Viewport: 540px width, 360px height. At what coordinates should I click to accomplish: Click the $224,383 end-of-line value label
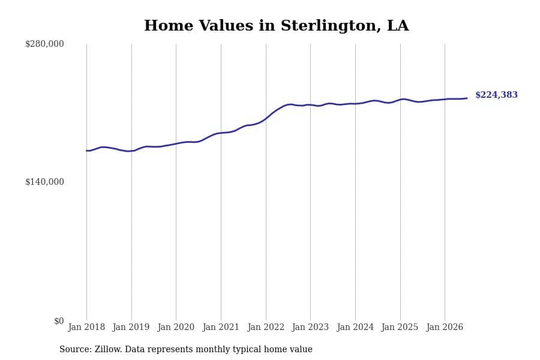[496, 95]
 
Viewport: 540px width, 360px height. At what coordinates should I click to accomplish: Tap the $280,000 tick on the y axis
[44, 44]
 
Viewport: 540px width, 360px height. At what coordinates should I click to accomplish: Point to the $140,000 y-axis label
[44, 182]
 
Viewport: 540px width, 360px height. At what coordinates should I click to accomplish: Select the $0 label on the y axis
[59, 321]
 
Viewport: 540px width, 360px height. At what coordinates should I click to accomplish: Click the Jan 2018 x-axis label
[86, 327]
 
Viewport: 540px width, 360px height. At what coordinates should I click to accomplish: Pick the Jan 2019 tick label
[131, 327]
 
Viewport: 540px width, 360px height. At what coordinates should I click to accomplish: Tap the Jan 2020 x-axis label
[176, 327]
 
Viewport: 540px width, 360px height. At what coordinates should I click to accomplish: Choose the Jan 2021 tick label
[221, 327]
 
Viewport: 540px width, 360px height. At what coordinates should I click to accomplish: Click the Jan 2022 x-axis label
[266, 327]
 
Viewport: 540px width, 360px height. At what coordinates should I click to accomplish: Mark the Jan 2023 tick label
[310, 327]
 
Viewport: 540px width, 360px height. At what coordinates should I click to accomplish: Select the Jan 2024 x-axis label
[355, 327]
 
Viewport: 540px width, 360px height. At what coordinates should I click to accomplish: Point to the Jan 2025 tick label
[400, 327]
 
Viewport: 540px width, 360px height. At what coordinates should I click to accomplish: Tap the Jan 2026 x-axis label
[445, 327]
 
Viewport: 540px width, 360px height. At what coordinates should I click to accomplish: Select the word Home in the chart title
[169, 25]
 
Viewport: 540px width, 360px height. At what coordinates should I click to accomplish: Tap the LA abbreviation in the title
[398, 25]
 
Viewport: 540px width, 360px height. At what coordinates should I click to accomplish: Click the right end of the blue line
[467, 98]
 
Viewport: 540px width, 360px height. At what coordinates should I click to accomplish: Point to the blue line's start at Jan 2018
[86, 151]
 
